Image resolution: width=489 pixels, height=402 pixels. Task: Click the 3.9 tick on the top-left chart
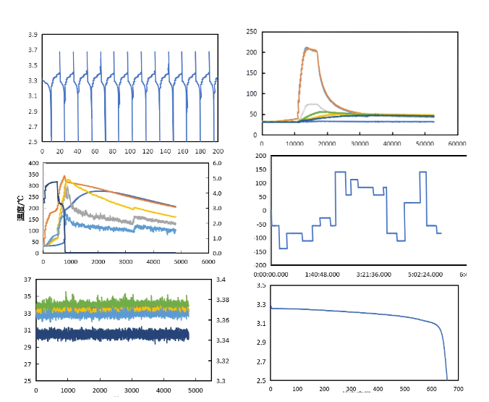point(33,35)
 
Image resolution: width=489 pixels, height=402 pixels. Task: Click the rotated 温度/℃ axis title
point(22,209)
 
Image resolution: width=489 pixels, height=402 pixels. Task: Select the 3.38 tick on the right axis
point(222,300)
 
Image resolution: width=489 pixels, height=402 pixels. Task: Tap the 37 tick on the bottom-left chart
point(27,280)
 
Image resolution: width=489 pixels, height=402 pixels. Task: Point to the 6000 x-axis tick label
point(208,261)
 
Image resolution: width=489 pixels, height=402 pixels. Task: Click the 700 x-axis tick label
point(477,390)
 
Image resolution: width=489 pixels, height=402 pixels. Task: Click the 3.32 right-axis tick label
point(222,361)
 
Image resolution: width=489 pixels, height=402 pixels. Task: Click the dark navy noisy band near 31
point(109,334)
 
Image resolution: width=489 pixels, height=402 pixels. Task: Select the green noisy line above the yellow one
point(109,302)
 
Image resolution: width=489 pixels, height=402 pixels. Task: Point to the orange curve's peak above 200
point(307,49)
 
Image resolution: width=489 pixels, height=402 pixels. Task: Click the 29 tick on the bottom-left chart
point(27,348)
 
